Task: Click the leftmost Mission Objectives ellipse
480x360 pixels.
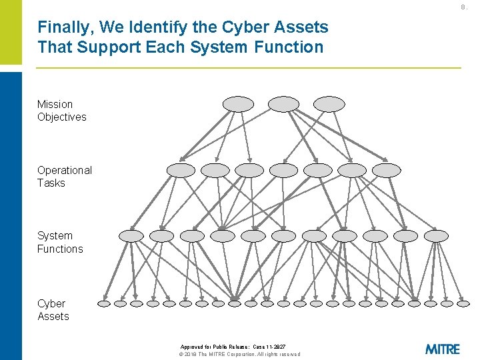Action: pos(238,104)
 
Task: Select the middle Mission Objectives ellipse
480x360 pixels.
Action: pos(283,104)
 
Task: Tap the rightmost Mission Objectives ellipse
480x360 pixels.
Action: pos(329,104)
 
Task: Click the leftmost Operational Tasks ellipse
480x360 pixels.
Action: pos(181,170)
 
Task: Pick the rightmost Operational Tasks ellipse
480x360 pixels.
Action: pos(387,170)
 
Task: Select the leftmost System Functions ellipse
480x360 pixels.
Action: pos(131,236)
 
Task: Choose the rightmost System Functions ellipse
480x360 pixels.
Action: pos(437,236)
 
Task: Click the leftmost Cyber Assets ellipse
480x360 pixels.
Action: pos(104,303)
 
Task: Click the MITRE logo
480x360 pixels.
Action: pos(442,349)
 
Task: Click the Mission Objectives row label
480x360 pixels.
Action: pos(61,111)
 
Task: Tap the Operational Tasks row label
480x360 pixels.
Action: pos(64,177)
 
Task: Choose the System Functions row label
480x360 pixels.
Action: pos(60,242)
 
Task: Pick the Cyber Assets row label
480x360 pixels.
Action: pos(53,310)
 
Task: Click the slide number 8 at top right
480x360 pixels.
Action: pos(464,7)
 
